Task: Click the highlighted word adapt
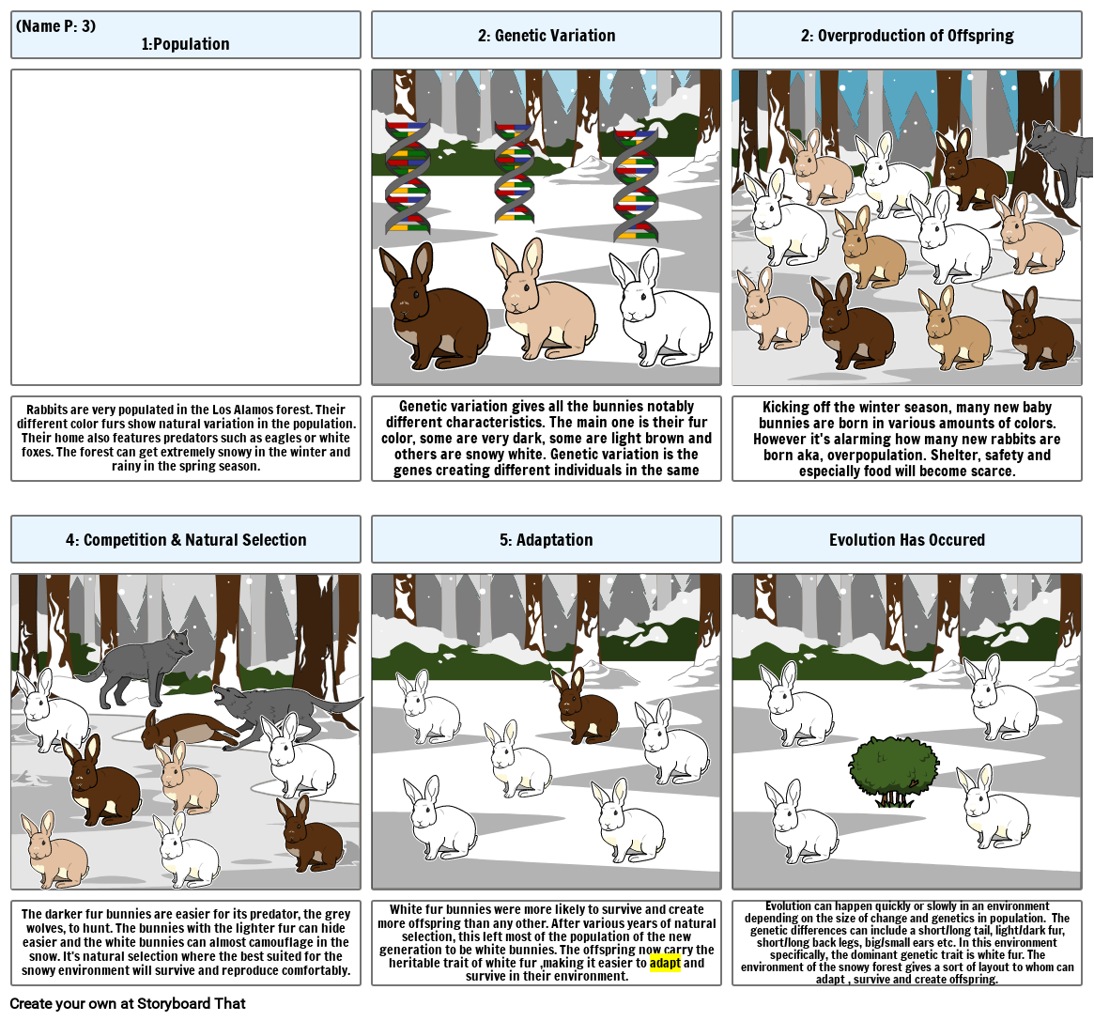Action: [x=665, y=963]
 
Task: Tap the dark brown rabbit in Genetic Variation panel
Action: [x=433, y=305]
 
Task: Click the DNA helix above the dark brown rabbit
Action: [x=408, y=176]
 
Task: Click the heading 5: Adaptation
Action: [x=547, y=540]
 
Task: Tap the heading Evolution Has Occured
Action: [x=907, y=540]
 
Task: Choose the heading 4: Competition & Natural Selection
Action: [x=186, y=540]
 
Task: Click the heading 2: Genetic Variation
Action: [x=547, y=36]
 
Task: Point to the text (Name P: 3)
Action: [x=55, y=25]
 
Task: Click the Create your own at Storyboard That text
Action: [x=128, y=1003]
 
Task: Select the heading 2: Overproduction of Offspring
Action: [x=907, y=36]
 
